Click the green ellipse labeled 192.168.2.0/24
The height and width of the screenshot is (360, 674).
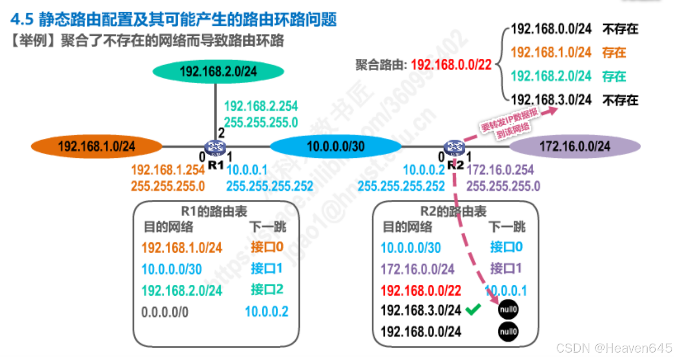(218, 71)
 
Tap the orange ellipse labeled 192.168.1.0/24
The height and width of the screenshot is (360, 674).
(96, 147)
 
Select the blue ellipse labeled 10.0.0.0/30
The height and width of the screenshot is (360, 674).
(336, 147)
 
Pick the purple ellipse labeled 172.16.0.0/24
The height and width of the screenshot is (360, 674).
(575, 147)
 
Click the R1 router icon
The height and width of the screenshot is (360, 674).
(215, 148)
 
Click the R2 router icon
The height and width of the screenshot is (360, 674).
(454, 148)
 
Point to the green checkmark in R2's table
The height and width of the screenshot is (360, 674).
(473, 309)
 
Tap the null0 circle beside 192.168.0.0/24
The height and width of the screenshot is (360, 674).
(508, 331)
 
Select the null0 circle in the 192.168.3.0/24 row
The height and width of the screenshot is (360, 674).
(508, 309)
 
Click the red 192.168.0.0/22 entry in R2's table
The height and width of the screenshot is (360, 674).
(421, 291)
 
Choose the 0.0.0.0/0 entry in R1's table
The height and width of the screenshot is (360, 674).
(165, 312)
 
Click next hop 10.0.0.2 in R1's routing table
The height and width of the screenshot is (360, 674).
(266, 312)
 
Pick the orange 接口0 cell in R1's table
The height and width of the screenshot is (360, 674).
(267, 247)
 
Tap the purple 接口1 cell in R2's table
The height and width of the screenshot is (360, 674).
(506, 268)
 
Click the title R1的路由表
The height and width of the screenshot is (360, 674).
(214, 211)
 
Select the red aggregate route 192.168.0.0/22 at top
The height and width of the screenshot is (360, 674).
(451, 65)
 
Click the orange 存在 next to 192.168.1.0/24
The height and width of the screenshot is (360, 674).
(614, 53)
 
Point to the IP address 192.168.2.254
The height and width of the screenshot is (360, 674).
(261, 106)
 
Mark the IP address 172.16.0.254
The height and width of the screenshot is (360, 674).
(500, 170)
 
